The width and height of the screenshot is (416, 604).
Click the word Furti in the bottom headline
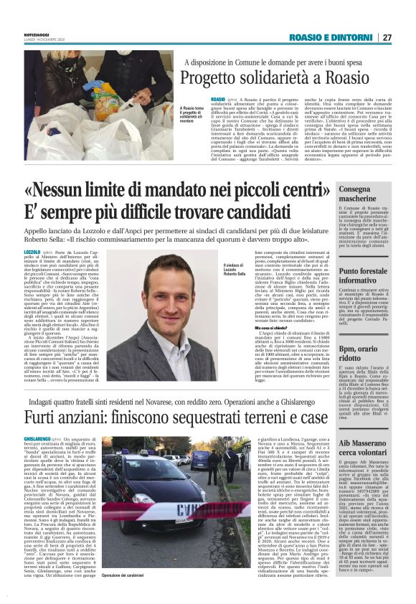pyautogui.click(x=42, y=416)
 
